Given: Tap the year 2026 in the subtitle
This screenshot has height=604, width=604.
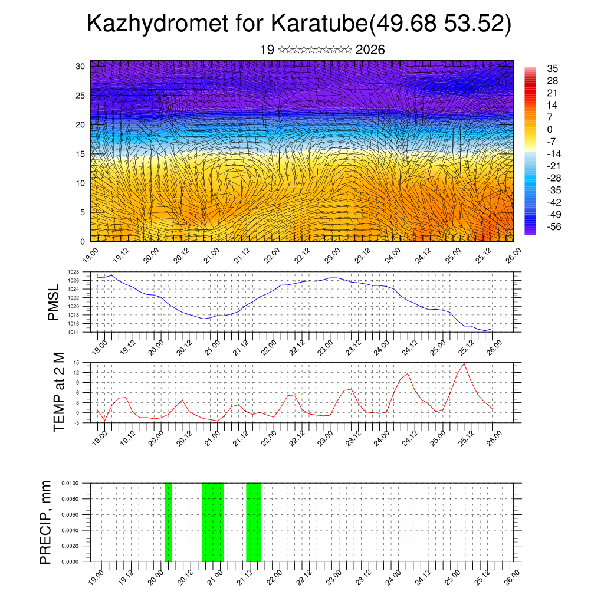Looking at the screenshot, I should click(370, 50).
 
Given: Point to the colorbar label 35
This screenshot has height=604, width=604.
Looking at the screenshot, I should click(552, 68).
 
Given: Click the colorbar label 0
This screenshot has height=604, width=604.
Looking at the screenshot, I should click(550, 129).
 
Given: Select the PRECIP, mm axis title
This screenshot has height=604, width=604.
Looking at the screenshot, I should click(46, 522).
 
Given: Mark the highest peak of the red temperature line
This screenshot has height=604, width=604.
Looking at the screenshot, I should click(464, 363).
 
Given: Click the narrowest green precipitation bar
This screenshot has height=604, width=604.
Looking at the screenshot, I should click(168, 522).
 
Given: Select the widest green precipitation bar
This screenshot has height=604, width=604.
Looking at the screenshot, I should click(213, 522).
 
